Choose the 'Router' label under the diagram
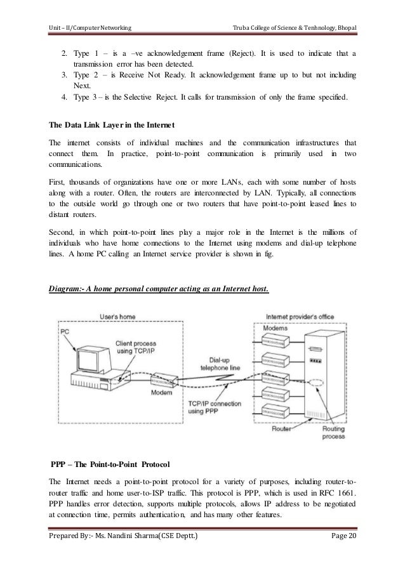tap(282, 430)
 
